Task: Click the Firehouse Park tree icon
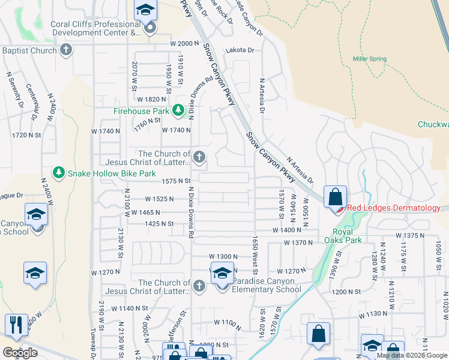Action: (178, 110)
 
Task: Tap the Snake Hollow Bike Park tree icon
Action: (58, 173)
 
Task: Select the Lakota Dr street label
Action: (240, 51)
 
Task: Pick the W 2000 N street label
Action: (184, 44)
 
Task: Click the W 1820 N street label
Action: (151, 99)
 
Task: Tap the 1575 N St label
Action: (175, 181)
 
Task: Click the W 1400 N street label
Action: (286, 230)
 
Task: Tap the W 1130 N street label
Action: (373, 314)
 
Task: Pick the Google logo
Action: (20, 353)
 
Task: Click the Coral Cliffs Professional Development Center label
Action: (90, 28)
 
